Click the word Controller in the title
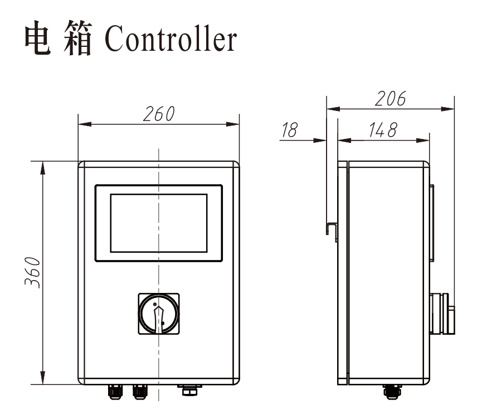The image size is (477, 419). (x=171, y=40)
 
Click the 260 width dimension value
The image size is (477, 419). (x=158, y=114)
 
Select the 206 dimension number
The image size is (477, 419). (x=390, y=99)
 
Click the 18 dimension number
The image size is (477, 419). (x=289, y=131)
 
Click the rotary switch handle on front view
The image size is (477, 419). (x=159, y=315)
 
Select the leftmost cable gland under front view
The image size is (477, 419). (x=115, y=392)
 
